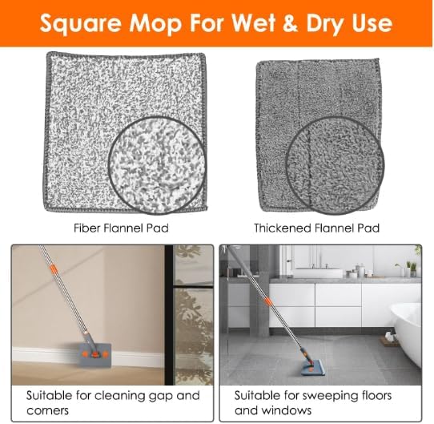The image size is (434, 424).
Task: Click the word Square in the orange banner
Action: click(x=81, y=24)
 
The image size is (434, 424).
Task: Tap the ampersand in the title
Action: click(x=289, y=22)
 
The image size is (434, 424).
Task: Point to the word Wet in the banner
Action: click(x=253, y=22)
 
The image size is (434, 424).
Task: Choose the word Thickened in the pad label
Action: click(x=283, y=228)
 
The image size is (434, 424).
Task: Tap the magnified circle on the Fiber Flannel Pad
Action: click(x=158, y=165)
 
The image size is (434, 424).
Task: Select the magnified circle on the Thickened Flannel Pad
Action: click(x=335, y=165)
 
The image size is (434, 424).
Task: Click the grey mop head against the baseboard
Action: click(x=95, y=355)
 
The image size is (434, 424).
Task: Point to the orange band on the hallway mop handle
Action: click(x=54, y=269)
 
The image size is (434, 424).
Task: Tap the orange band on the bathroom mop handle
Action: click(x=268, y=301)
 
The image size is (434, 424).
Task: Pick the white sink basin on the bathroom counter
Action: click(x=317, y=273)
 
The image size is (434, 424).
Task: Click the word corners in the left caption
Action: click(x=47, y=410)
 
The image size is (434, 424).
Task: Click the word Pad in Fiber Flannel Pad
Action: click(x=158, y=228)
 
